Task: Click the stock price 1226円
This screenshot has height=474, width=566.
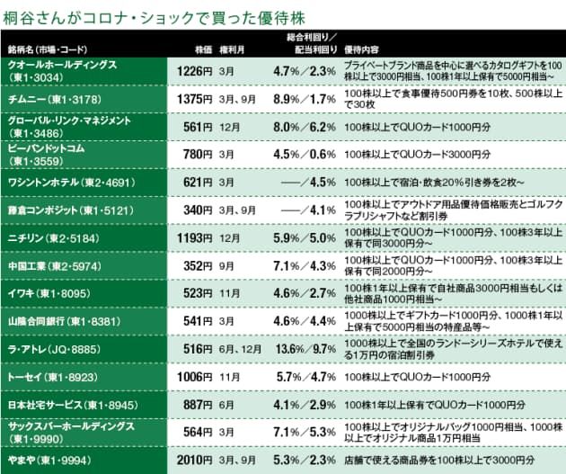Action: point(193,69)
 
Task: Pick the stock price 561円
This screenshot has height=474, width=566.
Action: point(197,127)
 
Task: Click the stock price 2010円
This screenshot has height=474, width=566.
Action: point(193,459)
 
